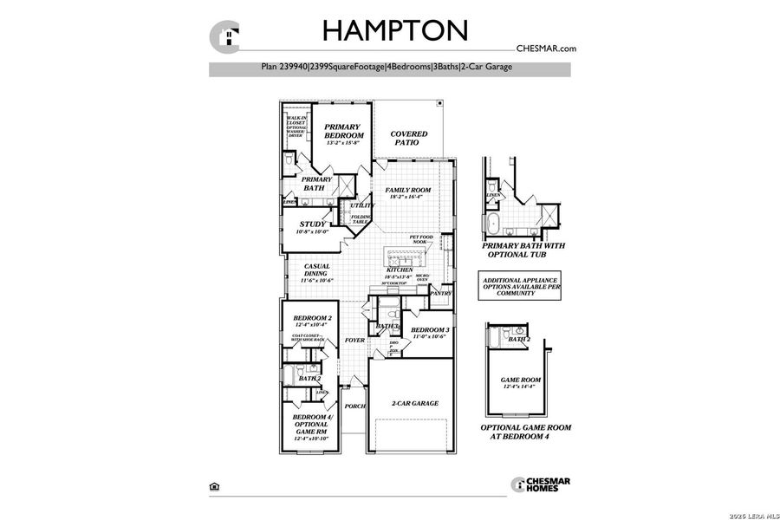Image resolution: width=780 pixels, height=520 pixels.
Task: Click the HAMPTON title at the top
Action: click(395, 30)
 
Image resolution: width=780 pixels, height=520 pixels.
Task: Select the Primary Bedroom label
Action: click(341, 132)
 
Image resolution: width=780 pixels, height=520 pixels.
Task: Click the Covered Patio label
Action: click(408, 138)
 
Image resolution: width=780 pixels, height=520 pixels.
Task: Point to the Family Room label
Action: click(407, 192)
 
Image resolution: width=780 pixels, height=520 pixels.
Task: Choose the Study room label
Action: click(312, 227)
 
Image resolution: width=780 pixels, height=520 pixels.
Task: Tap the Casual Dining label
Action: click(316, 273)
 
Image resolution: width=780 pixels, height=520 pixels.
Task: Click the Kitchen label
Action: click(399, 270)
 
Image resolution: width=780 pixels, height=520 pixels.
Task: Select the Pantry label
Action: click(441, 294)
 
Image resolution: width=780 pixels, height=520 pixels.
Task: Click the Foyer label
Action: click(354, 341)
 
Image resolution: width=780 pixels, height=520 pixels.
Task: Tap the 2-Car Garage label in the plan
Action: click(414, 403)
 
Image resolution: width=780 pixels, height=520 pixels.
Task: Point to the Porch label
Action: click(354, 406)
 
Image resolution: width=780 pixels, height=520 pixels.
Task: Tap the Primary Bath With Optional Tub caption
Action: click(523, 251)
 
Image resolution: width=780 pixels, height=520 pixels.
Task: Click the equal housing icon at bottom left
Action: click(214, 486)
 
